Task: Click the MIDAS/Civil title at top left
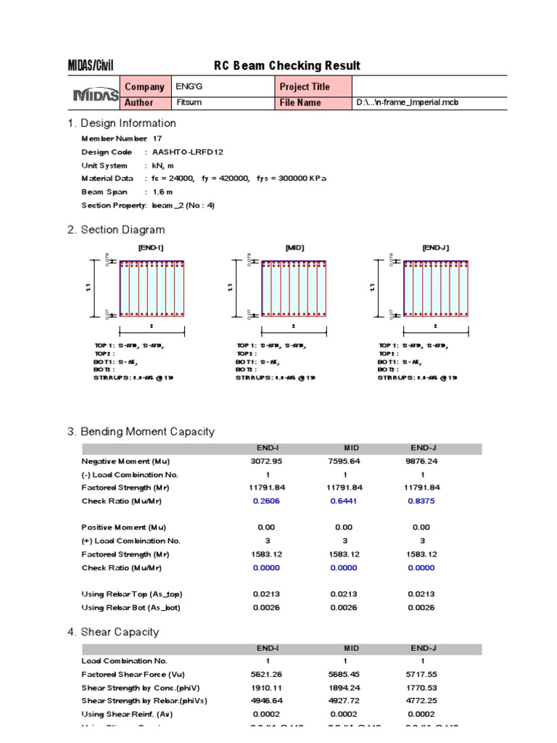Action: click(91, 66)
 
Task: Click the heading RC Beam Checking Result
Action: click(286, 66)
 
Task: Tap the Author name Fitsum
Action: click(188, 102)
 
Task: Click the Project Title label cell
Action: click(305, 86)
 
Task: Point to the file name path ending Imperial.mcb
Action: click(408, 102)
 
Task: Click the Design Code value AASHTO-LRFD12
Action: click(183, 152)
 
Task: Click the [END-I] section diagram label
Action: click(151, 247)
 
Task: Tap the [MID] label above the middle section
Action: click(294, 247)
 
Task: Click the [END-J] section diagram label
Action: click(435, 247)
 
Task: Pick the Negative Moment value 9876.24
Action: click(422, 461)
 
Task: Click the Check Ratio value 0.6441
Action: click(344, 501)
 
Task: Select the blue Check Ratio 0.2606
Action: click(267, 501)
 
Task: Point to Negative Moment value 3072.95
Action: click(267, 461)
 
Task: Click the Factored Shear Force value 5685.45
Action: click(344, 674)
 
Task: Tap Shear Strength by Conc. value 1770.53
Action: click(422, 688)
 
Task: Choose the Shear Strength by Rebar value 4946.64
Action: click(267, 701)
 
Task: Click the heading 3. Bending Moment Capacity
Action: click(141, 432)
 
